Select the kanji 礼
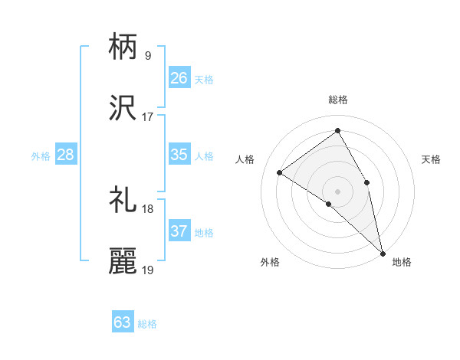tap(123, 200)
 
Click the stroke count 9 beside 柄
tap(147, 55)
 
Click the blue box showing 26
tap(179, 77)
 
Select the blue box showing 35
tap(179, 155)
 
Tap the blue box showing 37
tap(179, 231)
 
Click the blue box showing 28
tap(65, 155)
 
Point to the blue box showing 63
tap(122, 322)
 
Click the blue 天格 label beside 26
tap(204, 79)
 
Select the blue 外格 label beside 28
tap(41, 156)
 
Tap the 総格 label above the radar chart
tap(338, 100)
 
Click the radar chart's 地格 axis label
tap(402, 262)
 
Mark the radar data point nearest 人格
tap(280, 172)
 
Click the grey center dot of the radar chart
tap(338, 190)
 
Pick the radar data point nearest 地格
tap(383, 252)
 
